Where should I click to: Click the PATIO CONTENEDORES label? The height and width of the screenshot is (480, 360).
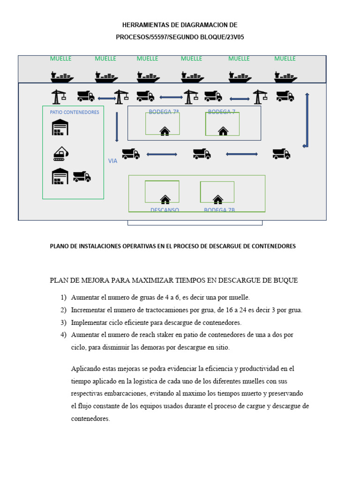click(x=75, y=112)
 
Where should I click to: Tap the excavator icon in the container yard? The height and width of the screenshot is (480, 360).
click(x=61, y=153)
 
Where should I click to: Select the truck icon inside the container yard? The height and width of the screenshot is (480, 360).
click(x=82, y=177)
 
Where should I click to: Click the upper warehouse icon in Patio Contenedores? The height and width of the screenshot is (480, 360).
click(x=60, y=127)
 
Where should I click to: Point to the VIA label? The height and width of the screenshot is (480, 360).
click(x=112, y=161)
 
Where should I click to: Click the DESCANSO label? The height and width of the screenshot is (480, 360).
click(x=165, y=210)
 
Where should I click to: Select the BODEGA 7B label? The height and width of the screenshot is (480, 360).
click(x=219, y=210)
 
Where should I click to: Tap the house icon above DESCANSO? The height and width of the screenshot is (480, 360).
click(x=165, y=199)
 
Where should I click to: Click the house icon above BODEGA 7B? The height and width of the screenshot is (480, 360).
click(x=218, y=199)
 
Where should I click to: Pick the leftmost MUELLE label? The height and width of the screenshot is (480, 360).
click(x=60, y=59)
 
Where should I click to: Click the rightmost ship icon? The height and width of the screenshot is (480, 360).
click(x=285, y=77)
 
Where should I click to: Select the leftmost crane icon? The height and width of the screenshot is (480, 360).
click(x=58, y=97)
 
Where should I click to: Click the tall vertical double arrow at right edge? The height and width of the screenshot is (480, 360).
click(x=307, y=120)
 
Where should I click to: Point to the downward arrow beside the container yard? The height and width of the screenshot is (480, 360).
click(x=117, y=127)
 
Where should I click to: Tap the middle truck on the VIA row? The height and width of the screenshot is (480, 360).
click(x=202, y=153)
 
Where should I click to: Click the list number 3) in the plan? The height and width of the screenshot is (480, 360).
click(x=63, y=322)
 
